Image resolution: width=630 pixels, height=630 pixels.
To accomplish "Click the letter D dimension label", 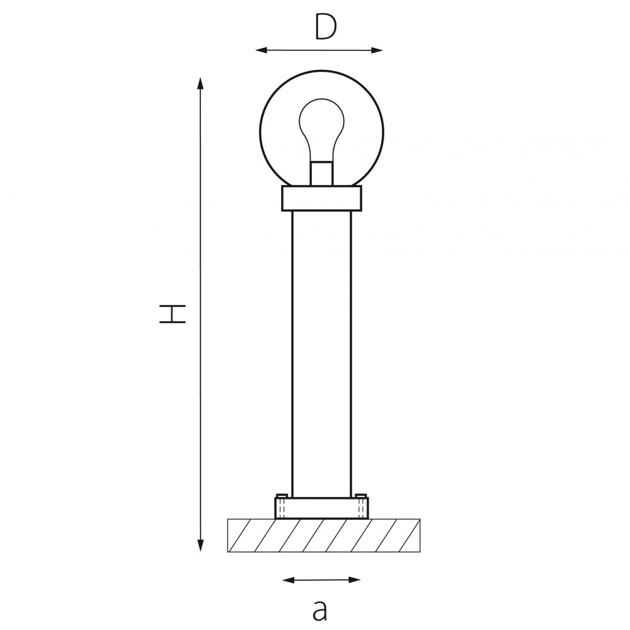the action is click(326, 27).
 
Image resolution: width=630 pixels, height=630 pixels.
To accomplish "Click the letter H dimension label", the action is click(173, 314).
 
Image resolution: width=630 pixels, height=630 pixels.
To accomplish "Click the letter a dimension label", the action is click(320, 610).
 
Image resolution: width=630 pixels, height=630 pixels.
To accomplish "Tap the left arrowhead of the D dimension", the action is click(261, 50).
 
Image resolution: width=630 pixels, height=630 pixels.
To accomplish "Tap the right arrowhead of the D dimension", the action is click(377, 50).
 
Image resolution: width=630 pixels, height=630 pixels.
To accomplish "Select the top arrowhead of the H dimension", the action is click(200, 83).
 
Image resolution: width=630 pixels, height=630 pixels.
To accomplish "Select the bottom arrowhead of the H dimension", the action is click(200, 545).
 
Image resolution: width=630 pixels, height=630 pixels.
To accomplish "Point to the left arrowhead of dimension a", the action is click(289, 580).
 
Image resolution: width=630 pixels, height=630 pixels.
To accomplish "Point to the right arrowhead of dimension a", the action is click(354, 580).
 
